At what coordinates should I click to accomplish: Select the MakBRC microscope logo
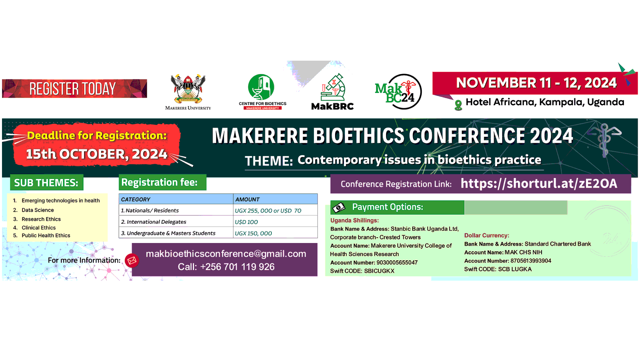(x=332, y=92)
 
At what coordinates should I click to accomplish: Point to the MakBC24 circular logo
(x=399, y=92)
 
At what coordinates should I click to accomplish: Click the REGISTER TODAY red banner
(x=74, y=89)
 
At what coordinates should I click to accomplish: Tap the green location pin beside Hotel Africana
(x=458, y=105)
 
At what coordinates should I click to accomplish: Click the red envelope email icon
(x=132, y=260)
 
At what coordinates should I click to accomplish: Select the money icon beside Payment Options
(x=339, y=207)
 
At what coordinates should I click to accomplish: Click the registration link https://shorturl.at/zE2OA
(x=539, y=183)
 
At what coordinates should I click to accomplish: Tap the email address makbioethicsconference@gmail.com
(x=226, y=254)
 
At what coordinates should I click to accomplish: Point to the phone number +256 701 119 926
(x=237, y=267)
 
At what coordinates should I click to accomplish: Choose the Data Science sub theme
(x=38, y=210)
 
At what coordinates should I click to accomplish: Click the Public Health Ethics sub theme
(x=46, y=235)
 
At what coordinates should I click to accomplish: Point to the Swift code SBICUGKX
(x=379, y=271)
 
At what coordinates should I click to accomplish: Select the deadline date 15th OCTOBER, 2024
(x=97, y=154)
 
